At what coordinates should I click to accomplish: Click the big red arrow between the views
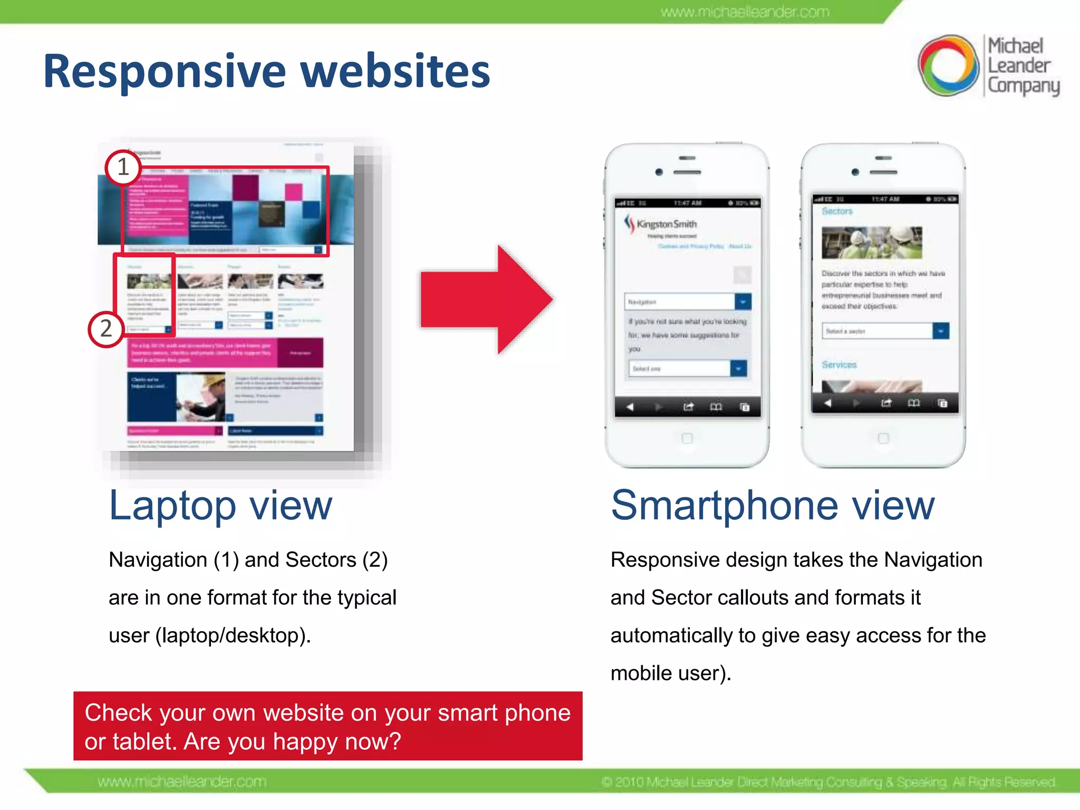[x=485, y=300]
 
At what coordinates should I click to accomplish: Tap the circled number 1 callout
[x=123, y=168]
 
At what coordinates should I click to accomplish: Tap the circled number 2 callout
[x=106, y=329]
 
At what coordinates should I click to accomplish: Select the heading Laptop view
[x=220, y=505]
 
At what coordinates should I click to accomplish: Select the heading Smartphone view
[x=773, y=505]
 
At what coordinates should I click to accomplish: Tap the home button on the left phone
[x=687, y=438]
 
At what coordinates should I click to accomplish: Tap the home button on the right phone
[x=883, y=438]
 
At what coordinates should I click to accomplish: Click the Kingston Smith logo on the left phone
[x=661, y=225]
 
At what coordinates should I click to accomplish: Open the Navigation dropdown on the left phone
[x=742, y=302]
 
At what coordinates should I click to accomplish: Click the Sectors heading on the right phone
[x=837, y=211]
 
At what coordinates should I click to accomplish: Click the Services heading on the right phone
[x=839, y=365]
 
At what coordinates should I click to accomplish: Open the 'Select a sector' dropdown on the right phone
[x=941, y=331]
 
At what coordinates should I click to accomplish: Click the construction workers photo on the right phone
[x=872, y=243]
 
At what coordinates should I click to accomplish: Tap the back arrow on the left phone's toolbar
[x=630, y=407]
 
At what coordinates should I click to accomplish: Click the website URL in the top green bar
[x=745, y=12]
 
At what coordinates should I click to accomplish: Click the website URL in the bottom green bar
[x=182, y=782]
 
